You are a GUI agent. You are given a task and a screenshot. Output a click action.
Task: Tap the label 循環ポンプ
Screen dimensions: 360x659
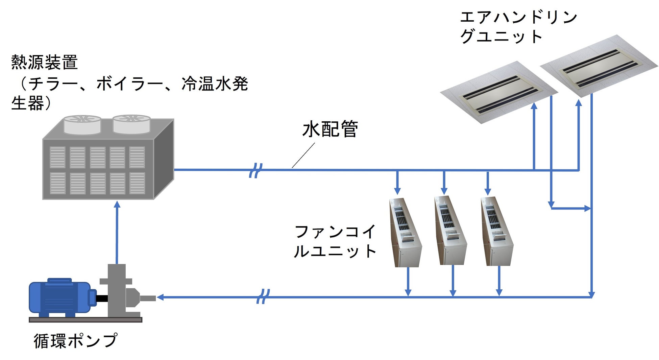75,340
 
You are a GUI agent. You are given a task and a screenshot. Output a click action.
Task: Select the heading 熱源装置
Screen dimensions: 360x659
45,62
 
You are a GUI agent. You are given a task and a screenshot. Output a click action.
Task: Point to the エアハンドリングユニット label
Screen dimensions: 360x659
518,27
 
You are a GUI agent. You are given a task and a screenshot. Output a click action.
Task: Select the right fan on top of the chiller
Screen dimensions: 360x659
131,123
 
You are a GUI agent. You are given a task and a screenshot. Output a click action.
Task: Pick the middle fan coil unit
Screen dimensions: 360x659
450,231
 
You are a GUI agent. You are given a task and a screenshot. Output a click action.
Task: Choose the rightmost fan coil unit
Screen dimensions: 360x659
496,231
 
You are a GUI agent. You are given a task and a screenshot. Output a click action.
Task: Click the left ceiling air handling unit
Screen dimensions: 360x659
498,92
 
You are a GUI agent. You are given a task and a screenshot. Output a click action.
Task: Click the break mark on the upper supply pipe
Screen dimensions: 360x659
255,170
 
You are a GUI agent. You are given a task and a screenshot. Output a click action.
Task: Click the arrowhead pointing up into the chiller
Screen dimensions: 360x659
117,204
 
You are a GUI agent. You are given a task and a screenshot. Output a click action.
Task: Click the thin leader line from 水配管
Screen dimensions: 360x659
303,155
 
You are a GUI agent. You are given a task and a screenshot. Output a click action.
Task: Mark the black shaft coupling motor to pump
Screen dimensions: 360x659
102,298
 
